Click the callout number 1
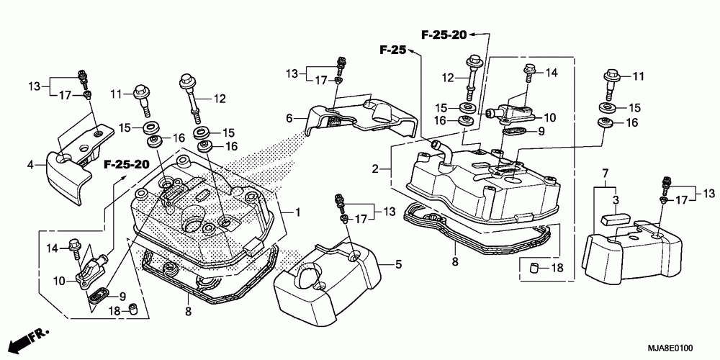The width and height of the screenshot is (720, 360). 297,212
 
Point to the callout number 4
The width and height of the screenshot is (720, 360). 31,165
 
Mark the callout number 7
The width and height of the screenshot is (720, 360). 606,175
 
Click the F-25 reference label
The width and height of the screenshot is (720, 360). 393,50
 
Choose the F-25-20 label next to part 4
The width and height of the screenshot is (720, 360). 126,164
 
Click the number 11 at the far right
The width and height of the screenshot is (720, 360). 638,76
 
